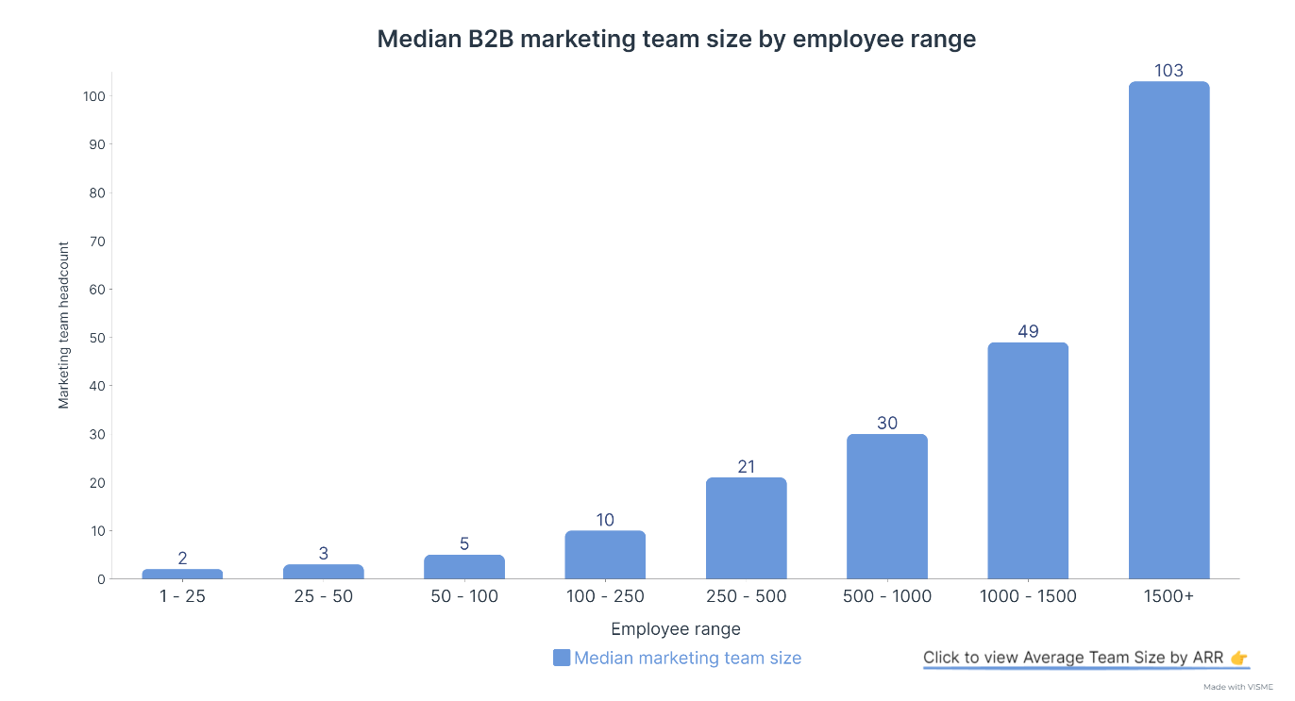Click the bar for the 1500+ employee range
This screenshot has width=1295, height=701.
[1169, 330]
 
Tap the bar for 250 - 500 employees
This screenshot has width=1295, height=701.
[746, 528]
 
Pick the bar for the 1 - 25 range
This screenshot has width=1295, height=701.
[182, 574]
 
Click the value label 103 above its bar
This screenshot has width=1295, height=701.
[1169, 71]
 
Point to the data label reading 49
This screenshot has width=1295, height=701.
[1028, 331]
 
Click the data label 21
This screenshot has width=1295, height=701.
[746, 466]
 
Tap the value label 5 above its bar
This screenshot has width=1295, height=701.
[464, 543]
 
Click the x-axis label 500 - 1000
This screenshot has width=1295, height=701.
[887, 596]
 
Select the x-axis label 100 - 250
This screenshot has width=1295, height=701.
[605, 596]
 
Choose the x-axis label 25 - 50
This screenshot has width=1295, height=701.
[323, 596]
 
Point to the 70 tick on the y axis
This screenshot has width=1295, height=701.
[98, 241]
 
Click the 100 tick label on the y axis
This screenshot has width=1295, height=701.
[94, 96]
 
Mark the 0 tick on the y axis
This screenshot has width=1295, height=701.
[101, 579]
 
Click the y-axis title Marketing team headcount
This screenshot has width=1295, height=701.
[64, 325]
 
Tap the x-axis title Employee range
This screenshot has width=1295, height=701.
[675, 629]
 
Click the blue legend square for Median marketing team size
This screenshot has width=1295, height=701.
[562, 658]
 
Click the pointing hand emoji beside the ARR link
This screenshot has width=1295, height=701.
[1239, 658]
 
